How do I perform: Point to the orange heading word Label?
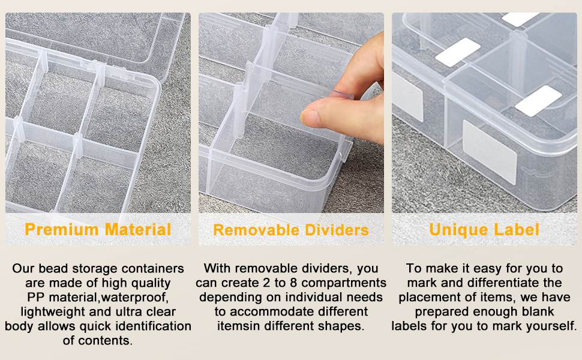click(517, 229)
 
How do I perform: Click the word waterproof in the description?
click(138, 298)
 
